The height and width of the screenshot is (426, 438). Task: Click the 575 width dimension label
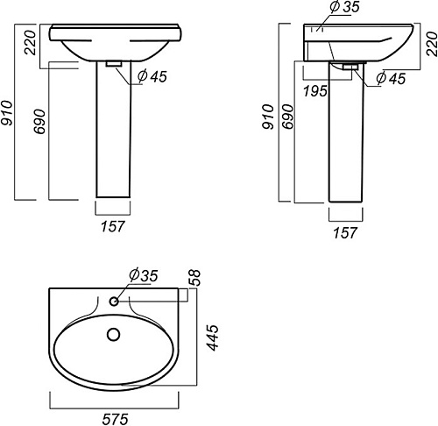115,419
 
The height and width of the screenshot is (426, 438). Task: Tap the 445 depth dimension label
212,337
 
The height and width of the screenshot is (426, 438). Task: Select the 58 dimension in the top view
195,277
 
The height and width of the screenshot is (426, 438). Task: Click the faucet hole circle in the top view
114,302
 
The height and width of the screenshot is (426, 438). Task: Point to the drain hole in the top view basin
114,335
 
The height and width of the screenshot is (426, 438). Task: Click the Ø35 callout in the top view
144,275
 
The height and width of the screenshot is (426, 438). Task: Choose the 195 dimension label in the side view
315,91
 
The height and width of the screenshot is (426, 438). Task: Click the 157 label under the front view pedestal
113,226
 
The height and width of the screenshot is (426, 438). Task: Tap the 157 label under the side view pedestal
345,233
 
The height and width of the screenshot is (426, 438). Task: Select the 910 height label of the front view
7,113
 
